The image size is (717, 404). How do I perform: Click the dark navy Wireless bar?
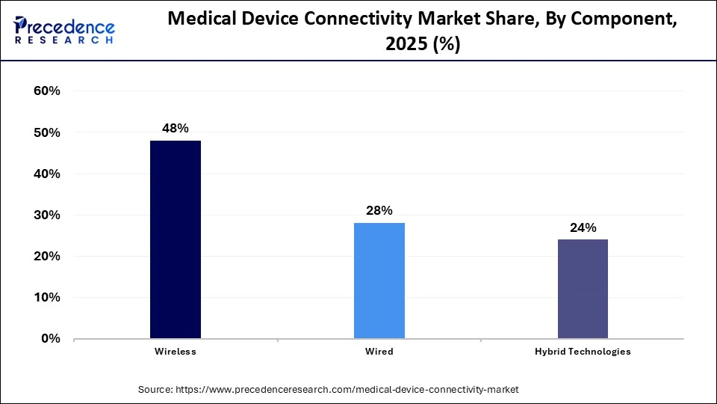176,239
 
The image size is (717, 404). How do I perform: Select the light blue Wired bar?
379,281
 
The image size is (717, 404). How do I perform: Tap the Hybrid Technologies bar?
583,289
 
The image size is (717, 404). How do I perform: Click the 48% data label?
176,129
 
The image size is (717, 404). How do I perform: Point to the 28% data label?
379,211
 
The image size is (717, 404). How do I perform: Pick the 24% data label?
583,228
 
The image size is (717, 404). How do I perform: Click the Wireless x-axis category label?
176,352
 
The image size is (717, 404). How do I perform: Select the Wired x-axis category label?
379,352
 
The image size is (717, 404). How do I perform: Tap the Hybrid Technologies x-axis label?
583,352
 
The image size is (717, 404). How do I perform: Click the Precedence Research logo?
64,30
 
